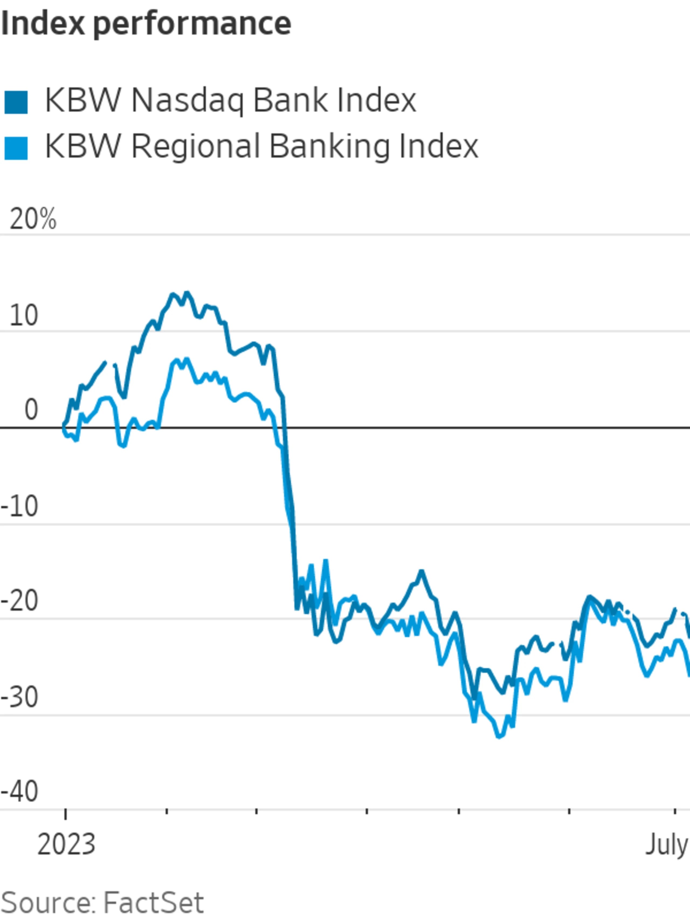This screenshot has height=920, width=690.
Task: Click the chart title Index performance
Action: point(146,24)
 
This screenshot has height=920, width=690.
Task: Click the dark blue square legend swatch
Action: point(16,102)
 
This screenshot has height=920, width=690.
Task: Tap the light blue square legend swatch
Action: point(16,148)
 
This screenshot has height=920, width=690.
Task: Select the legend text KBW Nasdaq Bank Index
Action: point(230,101)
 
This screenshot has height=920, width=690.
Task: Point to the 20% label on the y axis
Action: point(32,219)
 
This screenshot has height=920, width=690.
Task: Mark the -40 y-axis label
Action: point(20,791)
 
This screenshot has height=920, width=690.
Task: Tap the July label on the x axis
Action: point(667,845)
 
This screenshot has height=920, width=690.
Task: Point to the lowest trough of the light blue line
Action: point(499,737)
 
